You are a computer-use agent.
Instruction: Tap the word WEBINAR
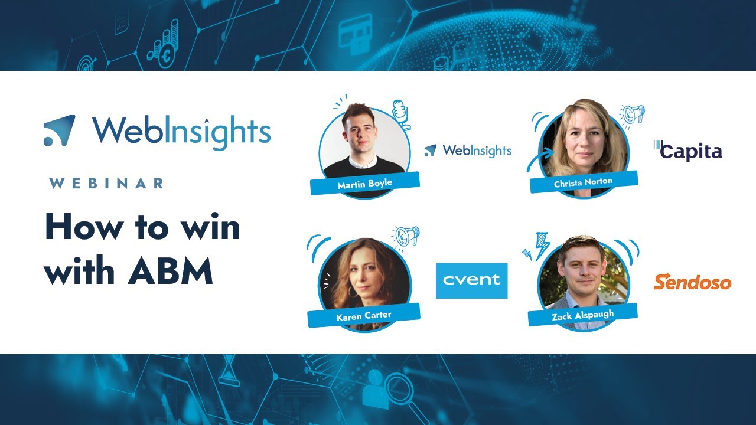106,183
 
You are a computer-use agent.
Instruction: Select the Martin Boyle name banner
364,183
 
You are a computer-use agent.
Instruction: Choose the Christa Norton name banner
584,182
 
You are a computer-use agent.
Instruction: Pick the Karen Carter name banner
364,315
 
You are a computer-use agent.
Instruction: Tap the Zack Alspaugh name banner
583,314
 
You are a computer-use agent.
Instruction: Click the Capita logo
688,151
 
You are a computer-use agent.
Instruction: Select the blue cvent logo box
471,280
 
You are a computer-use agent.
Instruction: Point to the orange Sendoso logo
692,282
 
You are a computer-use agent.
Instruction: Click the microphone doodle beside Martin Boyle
402,114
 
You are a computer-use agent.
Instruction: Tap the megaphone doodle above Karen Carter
406,236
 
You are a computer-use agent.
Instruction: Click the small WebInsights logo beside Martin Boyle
468,151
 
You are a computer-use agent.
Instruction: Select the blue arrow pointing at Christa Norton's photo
539,158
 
